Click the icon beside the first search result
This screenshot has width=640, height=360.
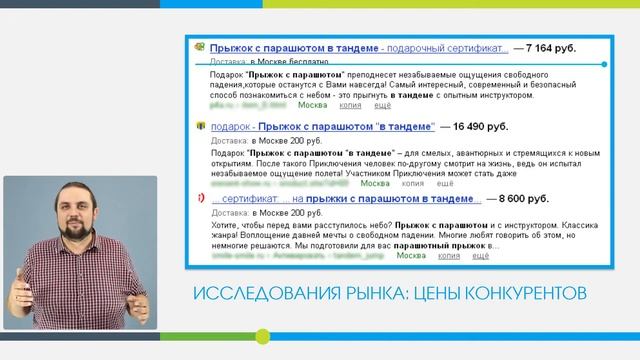click(x=200, y=47)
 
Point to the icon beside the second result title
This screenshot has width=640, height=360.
click(x=200, y=127)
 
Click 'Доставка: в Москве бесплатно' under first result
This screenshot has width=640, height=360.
click(x=264, y=61)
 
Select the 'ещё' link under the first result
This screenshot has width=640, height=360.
click(x=382, y=104)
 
